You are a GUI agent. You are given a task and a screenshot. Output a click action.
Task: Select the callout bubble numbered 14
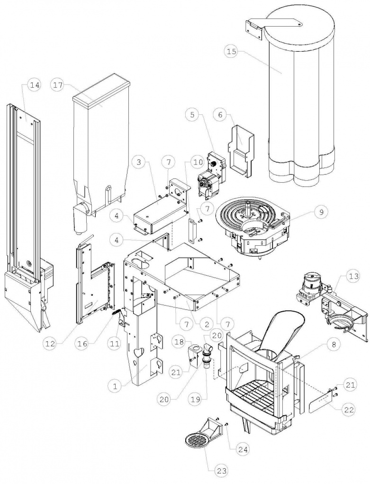point(34,85)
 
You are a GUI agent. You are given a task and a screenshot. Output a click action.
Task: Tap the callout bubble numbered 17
point(58,85)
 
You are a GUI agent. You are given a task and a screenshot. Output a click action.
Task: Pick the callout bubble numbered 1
point(114,387)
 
